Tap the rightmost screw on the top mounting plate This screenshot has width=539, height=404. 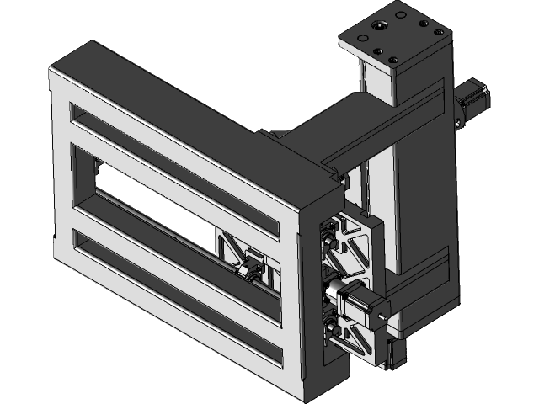coord(439,33)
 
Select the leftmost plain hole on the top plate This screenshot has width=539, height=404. coord(357,39)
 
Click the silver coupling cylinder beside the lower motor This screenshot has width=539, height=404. coord(335,290)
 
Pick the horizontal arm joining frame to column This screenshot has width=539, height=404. coord(337,126)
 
